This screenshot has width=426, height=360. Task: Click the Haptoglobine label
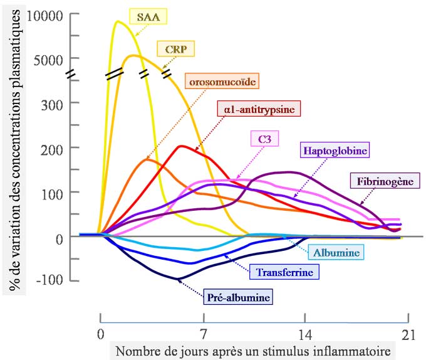335,151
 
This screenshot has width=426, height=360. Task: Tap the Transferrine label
284,272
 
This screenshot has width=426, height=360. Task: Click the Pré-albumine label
239,297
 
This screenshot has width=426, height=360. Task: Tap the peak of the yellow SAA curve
117,21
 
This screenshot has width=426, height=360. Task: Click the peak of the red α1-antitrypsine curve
182,146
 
